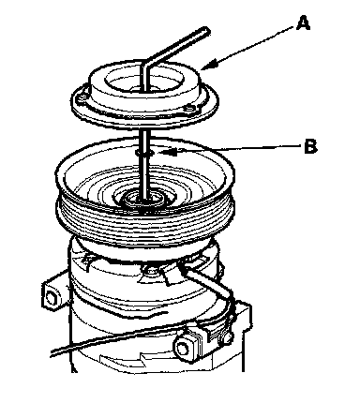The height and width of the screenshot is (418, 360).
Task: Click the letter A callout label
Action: [303, 23]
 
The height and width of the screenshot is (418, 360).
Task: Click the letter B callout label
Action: [310, 146]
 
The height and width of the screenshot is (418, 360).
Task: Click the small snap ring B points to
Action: [144, 153]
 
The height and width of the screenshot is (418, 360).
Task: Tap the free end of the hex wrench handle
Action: [206, 32]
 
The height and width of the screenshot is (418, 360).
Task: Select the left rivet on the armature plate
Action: [82, 99]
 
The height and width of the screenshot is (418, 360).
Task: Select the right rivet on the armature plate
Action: [190, 109]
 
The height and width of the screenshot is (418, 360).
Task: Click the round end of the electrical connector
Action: [183, 348]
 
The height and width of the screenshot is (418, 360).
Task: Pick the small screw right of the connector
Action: [228, 338]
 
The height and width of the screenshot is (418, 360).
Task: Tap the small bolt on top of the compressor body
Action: [152, 270]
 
